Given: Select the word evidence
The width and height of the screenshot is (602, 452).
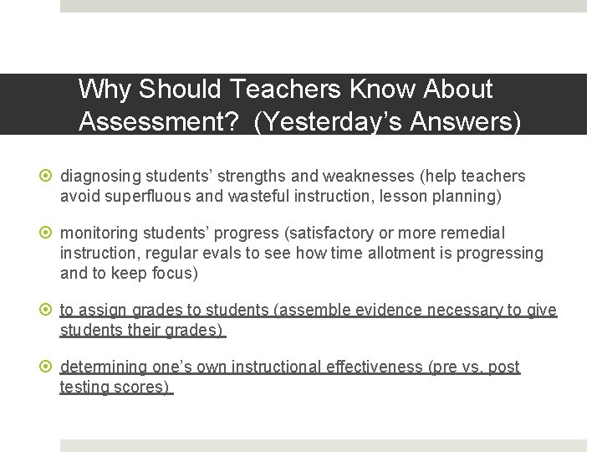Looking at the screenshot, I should click(x=382, y=311).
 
